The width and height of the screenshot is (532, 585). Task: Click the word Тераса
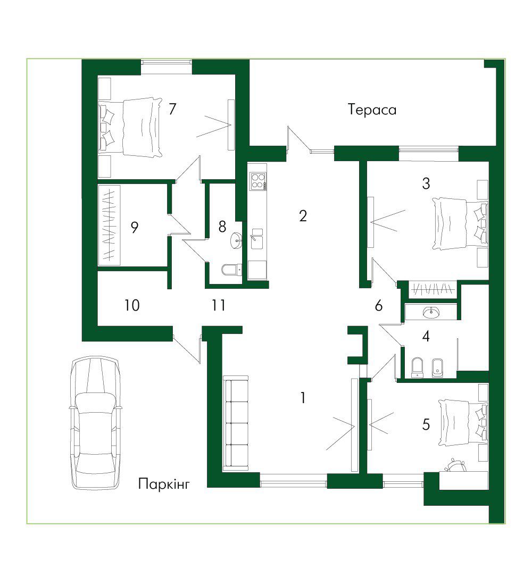372,110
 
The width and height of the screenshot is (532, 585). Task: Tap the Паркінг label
164,484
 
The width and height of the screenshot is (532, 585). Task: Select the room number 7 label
172,109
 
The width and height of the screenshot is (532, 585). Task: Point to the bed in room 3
460,223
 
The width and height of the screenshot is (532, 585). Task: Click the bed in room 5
463,422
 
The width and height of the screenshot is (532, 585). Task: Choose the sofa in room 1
236,423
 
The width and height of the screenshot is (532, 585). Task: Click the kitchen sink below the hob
257,238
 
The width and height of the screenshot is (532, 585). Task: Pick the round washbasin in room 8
236,240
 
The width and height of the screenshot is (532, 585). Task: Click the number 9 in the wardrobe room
135,227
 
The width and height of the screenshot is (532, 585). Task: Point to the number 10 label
132,305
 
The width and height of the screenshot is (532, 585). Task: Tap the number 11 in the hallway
219,305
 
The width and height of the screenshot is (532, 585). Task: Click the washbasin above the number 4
431,312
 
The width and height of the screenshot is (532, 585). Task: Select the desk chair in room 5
455,465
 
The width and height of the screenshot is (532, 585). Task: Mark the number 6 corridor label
379,306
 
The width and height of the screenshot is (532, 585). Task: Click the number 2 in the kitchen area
303,215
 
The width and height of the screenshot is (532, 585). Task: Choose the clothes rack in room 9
110,225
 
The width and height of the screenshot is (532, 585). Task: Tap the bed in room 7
131,127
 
